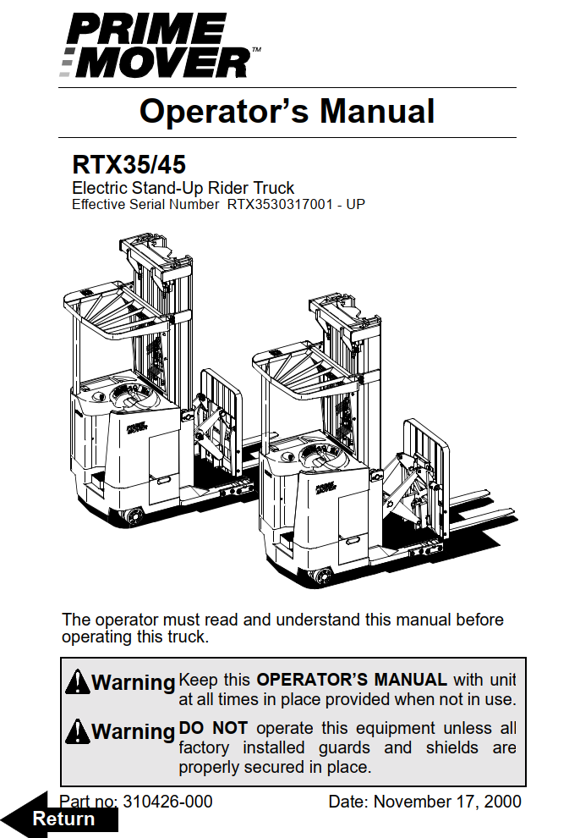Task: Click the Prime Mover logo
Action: pos(160,45)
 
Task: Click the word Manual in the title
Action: pos(377,111)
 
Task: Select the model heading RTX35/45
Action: pos(129,164)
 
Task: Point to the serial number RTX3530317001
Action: pos(280,204)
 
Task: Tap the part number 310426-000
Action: pos(167,801)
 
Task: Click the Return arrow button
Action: pos(59,818)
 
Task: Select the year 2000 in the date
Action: pos(502,801)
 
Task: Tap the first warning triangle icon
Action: pos(78,681)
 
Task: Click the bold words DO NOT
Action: pos(213,728)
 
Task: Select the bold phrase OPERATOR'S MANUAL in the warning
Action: pos(352,679)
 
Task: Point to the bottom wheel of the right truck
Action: pos(320,576)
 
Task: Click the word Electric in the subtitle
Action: pos(100,188)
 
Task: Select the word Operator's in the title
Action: pos(224,111)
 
